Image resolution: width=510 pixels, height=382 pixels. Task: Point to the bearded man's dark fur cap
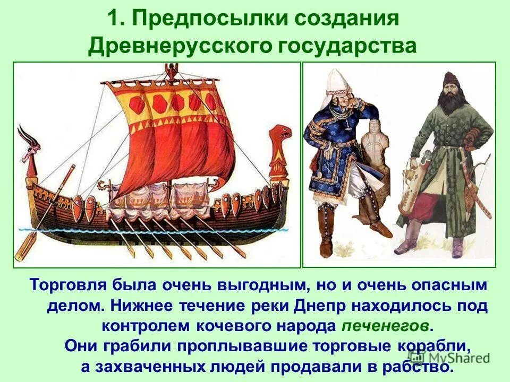tap(451, 80)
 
